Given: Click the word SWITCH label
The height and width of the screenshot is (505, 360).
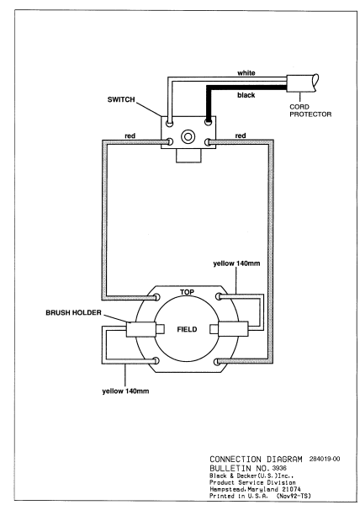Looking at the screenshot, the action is coord(121,99).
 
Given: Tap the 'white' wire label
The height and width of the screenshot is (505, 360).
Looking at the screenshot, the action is coord(246,73).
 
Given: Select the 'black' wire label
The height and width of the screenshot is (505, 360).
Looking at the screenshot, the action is coord(246,95).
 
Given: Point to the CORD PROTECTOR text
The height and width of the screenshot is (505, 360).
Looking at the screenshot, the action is coord(310,110).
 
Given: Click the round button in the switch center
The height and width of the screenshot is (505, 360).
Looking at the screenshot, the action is coord(188,136).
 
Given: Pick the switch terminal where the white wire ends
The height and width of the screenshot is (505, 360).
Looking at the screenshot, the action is coord(169,123).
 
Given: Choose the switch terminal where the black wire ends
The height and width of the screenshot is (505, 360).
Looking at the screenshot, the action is coord(208,122).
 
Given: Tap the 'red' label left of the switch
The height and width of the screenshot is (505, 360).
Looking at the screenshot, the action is coord(130,136).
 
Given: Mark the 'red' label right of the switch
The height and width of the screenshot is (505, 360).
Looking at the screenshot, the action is coord(241,136).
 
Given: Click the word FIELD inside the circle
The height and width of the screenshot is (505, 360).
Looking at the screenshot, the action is coord(187,329).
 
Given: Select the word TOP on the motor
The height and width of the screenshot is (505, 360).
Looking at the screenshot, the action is coord(187,292).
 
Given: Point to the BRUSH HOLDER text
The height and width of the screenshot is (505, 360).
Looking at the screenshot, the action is coord(73,313).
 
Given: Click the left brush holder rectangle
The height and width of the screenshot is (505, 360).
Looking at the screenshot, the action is coord(141,329).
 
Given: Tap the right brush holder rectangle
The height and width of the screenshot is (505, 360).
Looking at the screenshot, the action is coord(233,329).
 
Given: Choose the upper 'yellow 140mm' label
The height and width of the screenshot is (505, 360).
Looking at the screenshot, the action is coord(236,263).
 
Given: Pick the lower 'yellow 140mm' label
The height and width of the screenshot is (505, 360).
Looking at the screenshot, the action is coord(125,391).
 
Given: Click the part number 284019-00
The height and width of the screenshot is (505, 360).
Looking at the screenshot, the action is coord(325,459).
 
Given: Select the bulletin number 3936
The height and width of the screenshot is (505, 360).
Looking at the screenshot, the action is coord(279,468).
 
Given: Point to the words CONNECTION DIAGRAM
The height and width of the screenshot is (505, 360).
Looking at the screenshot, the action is coord(256,460).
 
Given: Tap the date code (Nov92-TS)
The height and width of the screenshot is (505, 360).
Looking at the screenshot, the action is coord(294,497).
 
